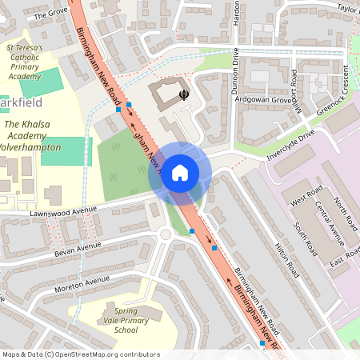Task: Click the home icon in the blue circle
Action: point(180,173)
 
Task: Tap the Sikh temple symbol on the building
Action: point(185,94)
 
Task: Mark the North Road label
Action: point(346,210)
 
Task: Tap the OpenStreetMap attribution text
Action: point(80,354)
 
